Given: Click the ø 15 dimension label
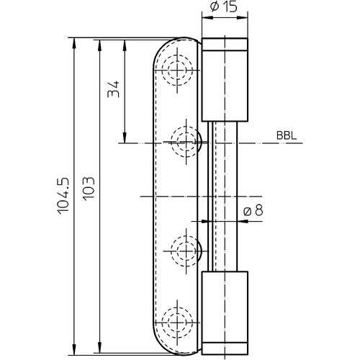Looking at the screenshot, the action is tap(223, 7).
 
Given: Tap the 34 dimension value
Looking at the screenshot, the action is tap(113, 89).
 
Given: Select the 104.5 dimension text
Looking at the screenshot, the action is tap(63, 195).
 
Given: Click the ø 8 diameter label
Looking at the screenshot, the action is tap(253, 210).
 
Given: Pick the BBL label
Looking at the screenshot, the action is tap(287, 135).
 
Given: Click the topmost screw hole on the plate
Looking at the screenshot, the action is tap(177, 70).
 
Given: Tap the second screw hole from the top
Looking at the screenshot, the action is tap(186, 142).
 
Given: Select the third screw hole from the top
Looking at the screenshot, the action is tap(186, 251).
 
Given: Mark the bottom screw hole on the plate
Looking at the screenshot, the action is tap(177, 323).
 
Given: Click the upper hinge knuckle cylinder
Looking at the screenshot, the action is tap(225, 79).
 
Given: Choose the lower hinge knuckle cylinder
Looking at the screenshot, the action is tap(225, 312).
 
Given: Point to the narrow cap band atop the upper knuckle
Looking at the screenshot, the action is tap(225, 44).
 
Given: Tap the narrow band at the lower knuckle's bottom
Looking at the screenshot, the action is tap(225, 348).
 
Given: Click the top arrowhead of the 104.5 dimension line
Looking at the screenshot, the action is tap(74, 43).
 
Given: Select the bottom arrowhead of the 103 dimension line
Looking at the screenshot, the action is tap(99, 347).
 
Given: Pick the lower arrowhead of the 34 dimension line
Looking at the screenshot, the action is tap(125, 137).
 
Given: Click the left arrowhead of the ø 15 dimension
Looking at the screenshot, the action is tap(207, 17).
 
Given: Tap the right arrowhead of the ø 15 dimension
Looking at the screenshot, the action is tap(242, 17).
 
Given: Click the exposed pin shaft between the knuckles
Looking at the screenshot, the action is tap(222, 197).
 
